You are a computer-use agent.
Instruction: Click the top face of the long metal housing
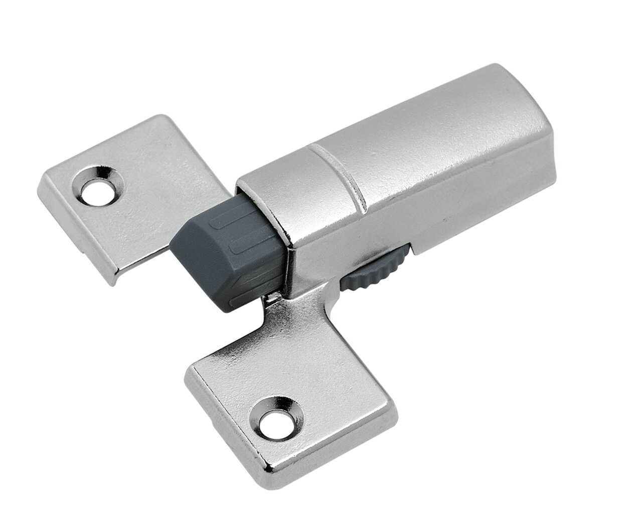[x=426, y=125]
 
